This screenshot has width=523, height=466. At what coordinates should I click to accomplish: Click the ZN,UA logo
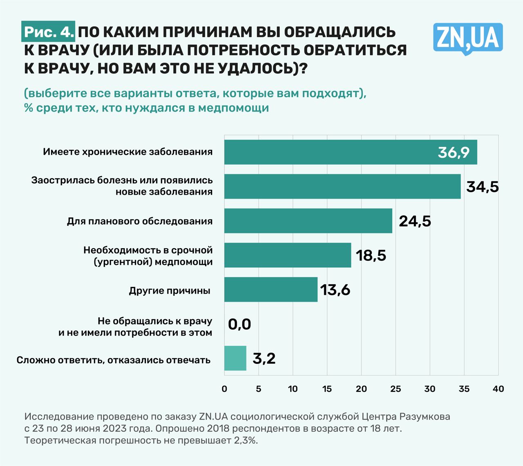[468, 38]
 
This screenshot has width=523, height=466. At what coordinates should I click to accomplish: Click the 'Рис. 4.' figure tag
[49, 32]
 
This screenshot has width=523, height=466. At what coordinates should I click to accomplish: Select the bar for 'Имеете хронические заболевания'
[327, 152]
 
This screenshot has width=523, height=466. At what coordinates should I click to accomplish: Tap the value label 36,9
[454, 152]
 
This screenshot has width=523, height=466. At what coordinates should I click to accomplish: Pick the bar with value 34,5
[342, 187]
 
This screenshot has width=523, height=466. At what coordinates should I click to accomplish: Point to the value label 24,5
[415, 221]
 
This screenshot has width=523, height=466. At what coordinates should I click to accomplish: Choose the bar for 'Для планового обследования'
[308, 221]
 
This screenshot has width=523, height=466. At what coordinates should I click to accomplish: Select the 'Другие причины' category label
[170, 291]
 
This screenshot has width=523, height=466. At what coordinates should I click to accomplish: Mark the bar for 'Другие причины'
[271, 290]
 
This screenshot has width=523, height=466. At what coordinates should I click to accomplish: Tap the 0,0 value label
[239, 325]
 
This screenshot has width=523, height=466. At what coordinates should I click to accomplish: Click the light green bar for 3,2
[235, 358]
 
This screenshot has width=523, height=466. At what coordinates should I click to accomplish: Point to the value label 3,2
[264, 358]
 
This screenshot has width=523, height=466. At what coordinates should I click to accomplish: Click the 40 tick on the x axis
[498, 389]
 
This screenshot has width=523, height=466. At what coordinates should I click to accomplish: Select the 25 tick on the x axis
[396, 389]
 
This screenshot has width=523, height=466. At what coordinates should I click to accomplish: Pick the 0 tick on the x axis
[224, 389]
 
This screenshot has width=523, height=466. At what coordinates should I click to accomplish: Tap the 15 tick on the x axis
[327, 389]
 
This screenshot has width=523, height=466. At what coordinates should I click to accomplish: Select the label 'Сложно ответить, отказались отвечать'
[114, 360]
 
